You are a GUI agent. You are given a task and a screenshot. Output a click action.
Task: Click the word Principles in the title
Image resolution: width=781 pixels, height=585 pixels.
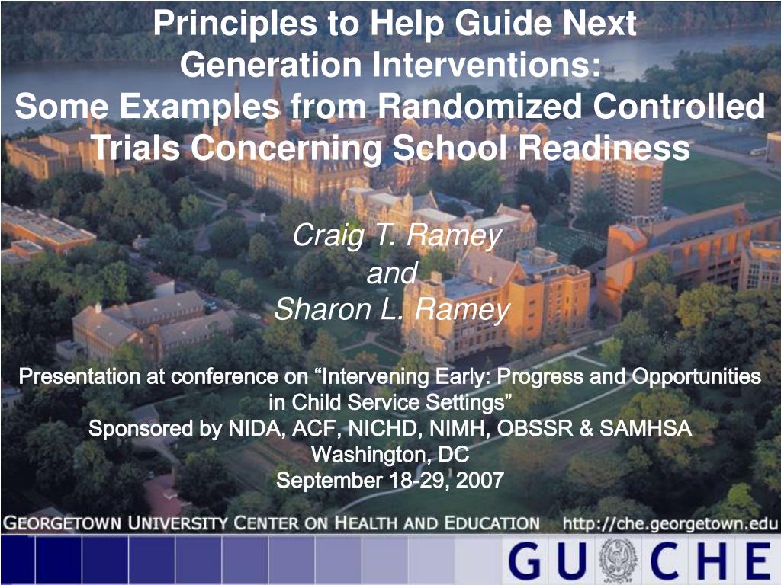tap(235, 24)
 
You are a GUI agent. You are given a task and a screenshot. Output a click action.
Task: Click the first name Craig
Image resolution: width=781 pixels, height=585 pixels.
tap(329, 236)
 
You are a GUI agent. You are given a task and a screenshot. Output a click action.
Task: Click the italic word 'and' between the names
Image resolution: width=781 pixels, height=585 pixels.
tap(391, 273)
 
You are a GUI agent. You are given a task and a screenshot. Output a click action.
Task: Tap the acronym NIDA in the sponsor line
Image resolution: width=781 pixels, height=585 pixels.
tap(256, 428)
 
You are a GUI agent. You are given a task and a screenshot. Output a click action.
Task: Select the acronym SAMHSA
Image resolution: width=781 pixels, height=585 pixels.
tap(645, 428)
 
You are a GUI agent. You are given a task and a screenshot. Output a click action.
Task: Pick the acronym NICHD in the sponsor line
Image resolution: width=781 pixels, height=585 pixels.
tap(385, 428)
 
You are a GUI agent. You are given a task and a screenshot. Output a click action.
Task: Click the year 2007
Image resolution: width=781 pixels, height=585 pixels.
tap(480, 481)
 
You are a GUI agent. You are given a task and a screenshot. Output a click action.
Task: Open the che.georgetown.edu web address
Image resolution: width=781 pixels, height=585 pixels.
tap(670, 523)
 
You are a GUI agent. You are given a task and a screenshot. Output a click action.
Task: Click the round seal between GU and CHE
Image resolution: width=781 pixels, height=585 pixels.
tap(618, 561)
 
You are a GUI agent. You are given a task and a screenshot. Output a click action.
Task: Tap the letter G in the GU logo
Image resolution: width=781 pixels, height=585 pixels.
tap(525, 561)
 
